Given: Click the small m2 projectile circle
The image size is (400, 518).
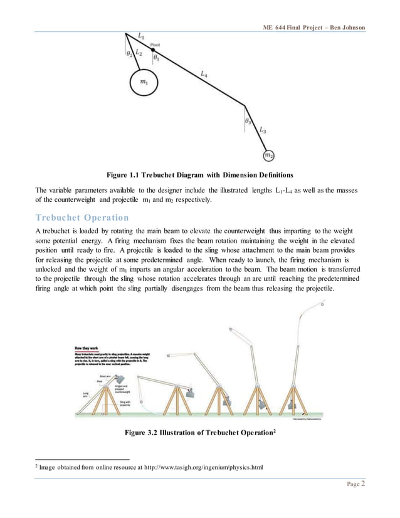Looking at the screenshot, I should click(x=268, y=154).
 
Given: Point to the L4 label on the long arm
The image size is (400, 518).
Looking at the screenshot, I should click(x=204, y=75).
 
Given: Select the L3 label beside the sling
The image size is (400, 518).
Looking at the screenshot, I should click(x=263, y=131).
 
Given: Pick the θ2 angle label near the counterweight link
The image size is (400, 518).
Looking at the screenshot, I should click(x=130, y=55).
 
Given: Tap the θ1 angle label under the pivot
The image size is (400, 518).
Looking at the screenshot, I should click(x=157, y=58).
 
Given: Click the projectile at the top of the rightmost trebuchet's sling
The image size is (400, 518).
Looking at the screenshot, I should click(x=322, y=303).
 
